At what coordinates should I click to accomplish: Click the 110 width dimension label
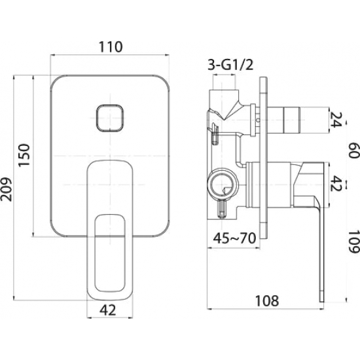coord(111,47)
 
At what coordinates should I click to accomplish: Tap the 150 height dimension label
coord(24,155)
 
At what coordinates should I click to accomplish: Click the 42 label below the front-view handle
coord(108,310)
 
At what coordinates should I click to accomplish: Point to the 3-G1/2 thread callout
coord(230,65)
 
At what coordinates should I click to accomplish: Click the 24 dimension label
coord(335,120)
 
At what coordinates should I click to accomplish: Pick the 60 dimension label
coord(353,151)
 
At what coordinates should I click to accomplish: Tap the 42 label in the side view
coord(336,184)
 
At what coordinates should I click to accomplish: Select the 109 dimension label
coord(353,242)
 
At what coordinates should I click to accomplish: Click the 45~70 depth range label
coord(234,238)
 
